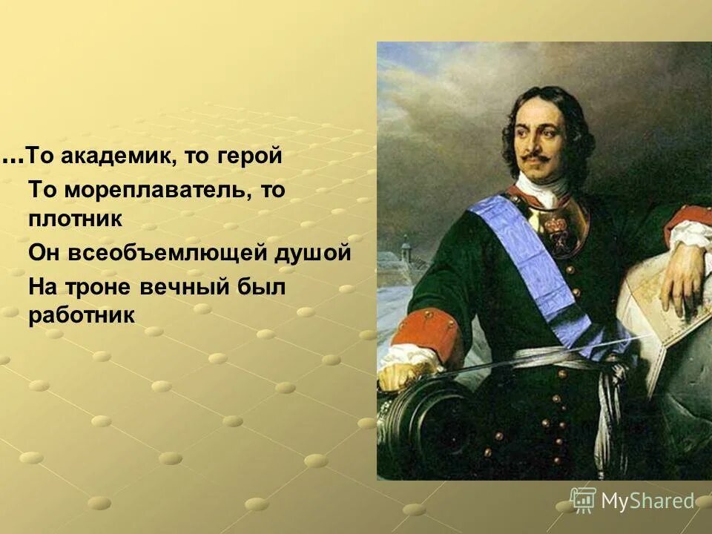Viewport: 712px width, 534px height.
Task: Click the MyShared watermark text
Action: tap(647, 501)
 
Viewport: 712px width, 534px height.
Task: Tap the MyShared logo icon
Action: tap(583, 501)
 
